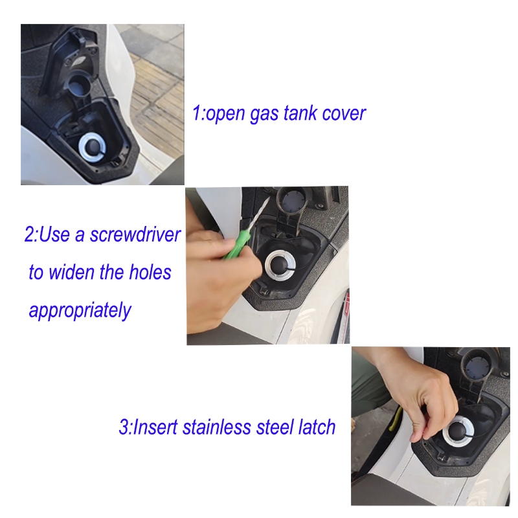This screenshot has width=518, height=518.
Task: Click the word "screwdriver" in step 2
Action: [x=135, y=234]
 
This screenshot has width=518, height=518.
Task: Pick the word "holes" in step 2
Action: [x=150, y=272]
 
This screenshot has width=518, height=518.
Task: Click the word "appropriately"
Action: [x=80, y=311]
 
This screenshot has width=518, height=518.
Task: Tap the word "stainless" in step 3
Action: [x=217, y=427]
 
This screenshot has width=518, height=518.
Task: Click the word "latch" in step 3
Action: [x=317, y=427]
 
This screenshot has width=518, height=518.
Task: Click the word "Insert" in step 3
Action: [x=155, y=427]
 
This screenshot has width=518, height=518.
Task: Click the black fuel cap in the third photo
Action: [x=458, y=431]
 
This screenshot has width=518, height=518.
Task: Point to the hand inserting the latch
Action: [x=420, y=396]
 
